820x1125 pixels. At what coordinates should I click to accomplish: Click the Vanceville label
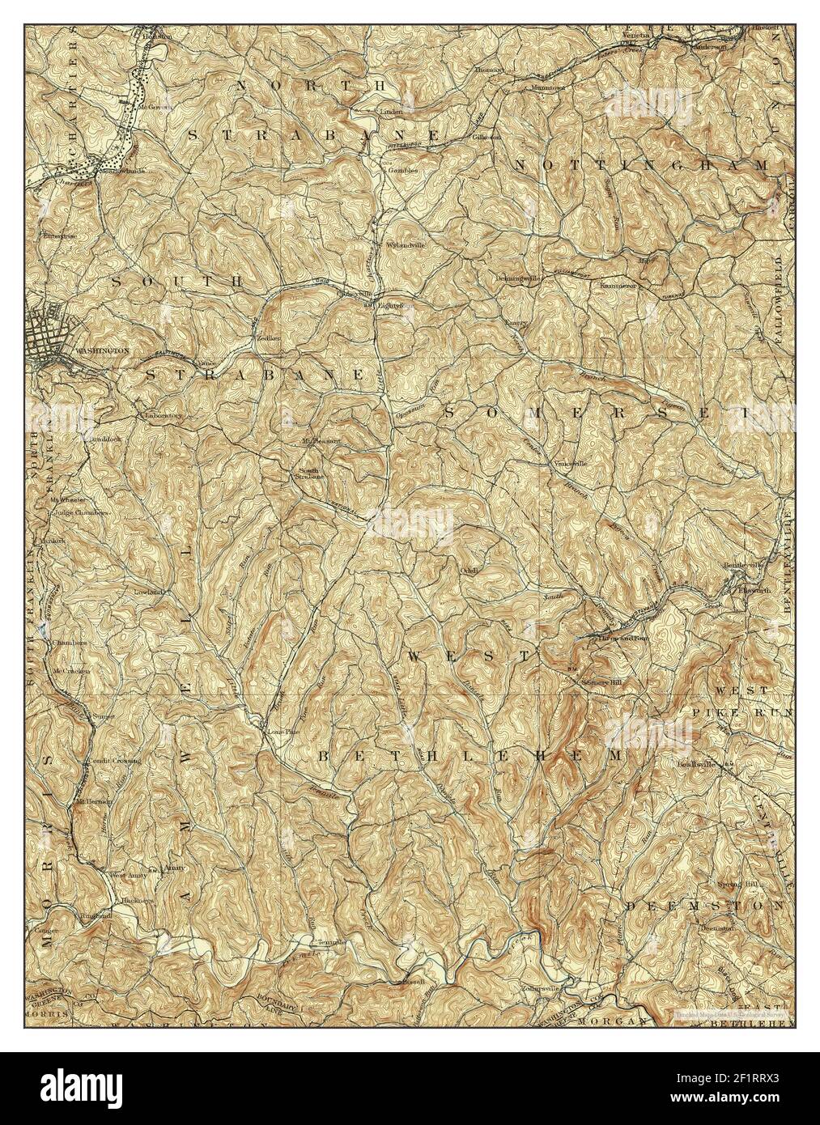coord(570,464)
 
